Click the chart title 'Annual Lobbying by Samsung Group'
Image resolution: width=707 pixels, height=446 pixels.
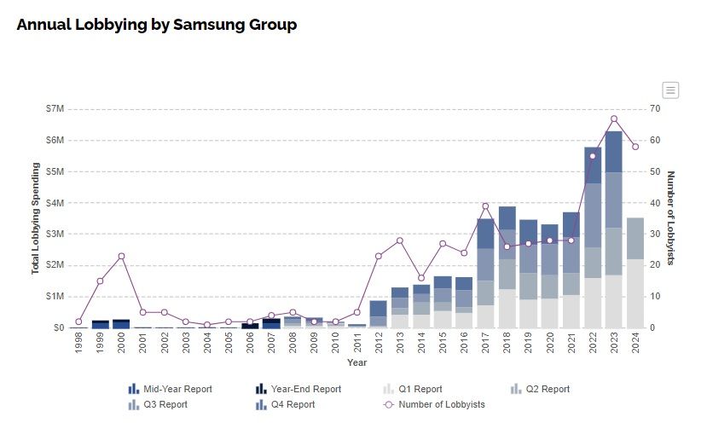[x=157, y=25]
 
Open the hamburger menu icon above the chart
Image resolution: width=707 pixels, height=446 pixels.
[x=670, y=90]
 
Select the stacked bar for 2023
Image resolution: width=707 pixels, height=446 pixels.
[x=614, y=230]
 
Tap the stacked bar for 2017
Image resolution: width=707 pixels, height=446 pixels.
[x=485, y=273]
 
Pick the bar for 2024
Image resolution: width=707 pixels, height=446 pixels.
[x=635, y=273]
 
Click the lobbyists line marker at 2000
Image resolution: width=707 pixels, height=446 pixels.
[x=122, y=256]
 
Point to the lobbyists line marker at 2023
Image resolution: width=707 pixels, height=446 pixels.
[x=614, y=119]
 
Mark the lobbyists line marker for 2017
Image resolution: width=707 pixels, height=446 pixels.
[x=485, y=206]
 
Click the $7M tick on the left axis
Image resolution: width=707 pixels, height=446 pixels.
[x=55, y=109]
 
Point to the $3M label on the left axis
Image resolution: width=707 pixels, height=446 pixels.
[x=55, y=234]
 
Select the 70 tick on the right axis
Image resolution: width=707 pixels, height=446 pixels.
[x=654, y=109]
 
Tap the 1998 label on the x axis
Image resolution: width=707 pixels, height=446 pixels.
[x=78, y=344]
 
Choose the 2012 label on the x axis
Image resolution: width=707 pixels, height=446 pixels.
[x=378, y=344]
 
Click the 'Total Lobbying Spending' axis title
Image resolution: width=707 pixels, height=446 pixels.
[x=36, y=218]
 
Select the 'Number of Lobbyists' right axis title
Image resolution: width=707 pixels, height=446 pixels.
[x=670, y=218]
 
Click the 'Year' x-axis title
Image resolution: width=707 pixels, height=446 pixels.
[x=356, y=363]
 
